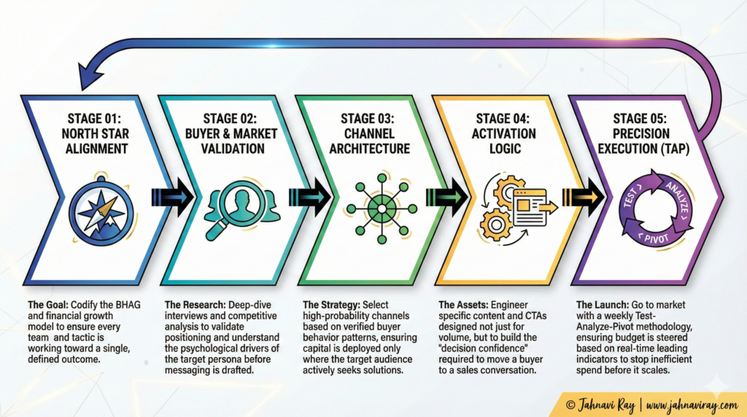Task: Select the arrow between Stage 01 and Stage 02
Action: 171,198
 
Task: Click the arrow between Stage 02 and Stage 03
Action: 310,198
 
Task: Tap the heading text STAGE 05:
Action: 641,119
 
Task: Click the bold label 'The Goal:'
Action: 47,305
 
